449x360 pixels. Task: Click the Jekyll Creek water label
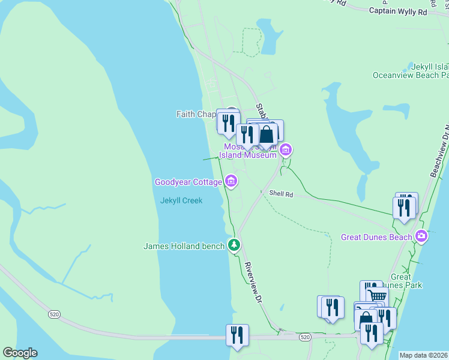[181, 200]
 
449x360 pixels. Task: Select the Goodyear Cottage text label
[188, 182]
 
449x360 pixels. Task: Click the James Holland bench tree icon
[234, 245]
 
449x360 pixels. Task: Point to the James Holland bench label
[184, 246]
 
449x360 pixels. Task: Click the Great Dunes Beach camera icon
[422, 236]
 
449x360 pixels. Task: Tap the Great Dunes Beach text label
[376, 237]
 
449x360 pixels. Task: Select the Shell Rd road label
[281, 194]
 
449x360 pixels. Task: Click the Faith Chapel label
[196, 114]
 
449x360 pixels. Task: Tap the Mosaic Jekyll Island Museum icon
[286, 149]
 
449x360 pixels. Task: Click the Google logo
[19, 353]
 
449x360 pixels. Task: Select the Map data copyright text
[423, 355]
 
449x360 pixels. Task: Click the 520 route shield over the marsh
[55, 314]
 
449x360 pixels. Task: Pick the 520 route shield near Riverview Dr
[305, 338]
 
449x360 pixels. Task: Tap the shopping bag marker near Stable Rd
[267, 134]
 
